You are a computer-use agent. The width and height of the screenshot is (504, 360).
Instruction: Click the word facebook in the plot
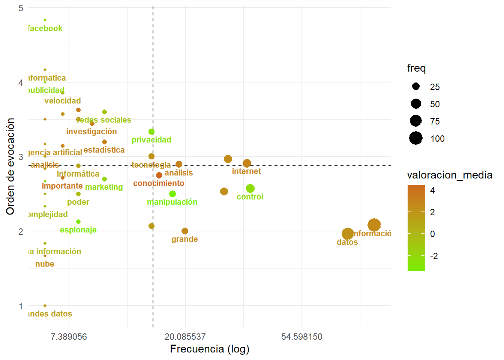point(45,28)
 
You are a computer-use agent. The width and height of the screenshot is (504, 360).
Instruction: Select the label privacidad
point(151,140)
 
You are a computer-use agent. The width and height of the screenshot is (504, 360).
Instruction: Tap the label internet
point(246,171)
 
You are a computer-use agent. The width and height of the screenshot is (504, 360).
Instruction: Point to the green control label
point(250,197)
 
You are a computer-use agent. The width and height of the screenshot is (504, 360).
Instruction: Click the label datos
point(347,242)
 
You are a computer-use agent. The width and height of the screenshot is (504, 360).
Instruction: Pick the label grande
point(184,239)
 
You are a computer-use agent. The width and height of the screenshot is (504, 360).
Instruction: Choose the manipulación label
point(172,202)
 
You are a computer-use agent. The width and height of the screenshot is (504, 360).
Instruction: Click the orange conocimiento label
point(159,183)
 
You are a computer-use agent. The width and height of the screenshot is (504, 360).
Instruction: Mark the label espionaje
point(78,230)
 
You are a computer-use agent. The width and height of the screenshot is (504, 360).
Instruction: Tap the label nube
point(45,264)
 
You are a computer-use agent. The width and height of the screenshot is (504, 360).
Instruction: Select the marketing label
point(104,187)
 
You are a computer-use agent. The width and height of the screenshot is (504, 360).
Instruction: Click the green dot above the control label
point(250,189)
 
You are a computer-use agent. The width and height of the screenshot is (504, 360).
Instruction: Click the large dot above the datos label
point(348,234)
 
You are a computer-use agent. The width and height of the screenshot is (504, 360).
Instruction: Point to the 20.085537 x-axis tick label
point(185,337)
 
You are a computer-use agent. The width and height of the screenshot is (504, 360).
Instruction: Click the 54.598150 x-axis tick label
point(302,337)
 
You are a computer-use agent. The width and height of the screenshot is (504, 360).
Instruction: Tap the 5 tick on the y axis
point(21,8)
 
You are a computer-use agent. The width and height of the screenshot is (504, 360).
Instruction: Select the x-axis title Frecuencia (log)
point(210,349)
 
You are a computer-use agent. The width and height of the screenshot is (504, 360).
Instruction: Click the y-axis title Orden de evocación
point(10,166)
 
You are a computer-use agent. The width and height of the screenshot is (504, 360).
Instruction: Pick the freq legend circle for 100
point(416,138)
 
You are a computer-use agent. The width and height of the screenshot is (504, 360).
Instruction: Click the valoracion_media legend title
point(450,175)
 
